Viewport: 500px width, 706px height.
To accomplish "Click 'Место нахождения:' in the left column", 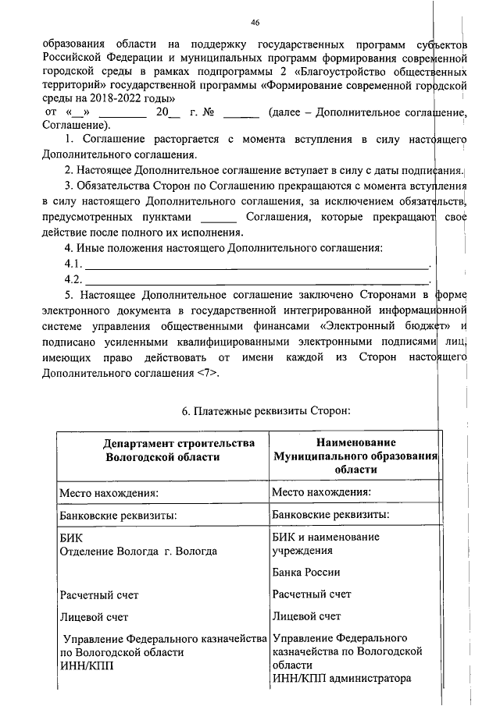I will pyautogui.click(x=109, y=493).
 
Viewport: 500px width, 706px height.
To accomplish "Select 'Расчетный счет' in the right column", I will pyautogui.click(x=312, y=594).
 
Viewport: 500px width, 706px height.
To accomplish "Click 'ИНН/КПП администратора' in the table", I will pyautogui.click(x=341, y=678).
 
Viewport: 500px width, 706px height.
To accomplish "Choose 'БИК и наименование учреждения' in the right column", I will pyautogui.click(x=327, y=544).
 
